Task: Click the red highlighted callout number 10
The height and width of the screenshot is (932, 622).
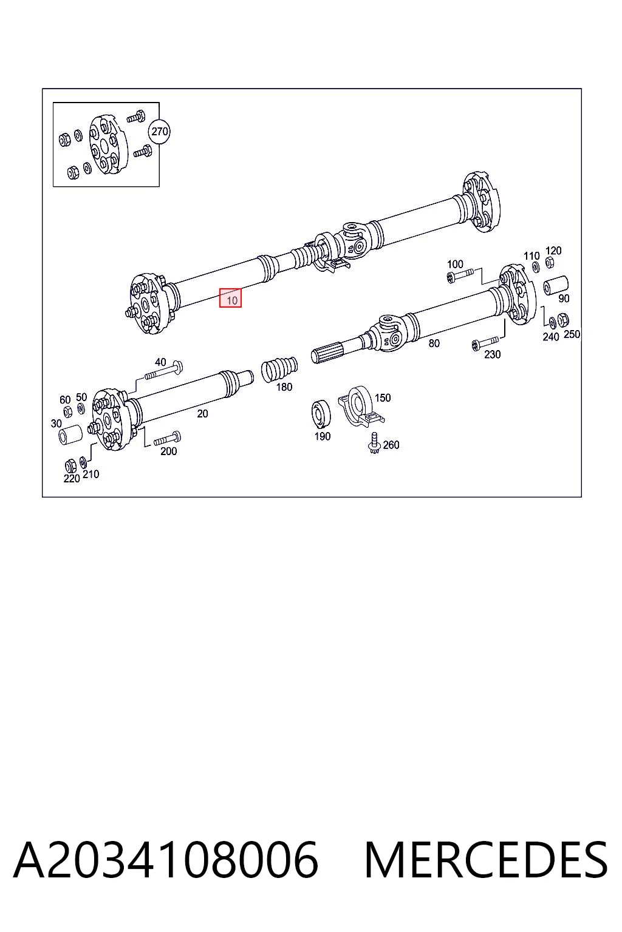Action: (x=230, y=298)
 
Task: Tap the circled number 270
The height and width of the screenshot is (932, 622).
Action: (x=160, y=132)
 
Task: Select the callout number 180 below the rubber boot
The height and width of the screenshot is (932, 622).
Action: (x=284, y=387)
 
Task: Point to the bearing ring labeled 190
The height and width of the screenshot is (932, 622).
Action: (x=321, y=413)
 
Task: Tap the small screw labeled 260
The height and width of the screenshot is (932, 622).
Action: (x=375, y=443)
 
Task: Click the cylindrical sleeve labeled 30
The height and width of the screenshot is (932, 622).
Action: (x=70, y=434)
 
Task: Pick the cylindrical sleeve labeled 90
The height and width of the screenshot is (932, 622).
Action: (x=556, y=285)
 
